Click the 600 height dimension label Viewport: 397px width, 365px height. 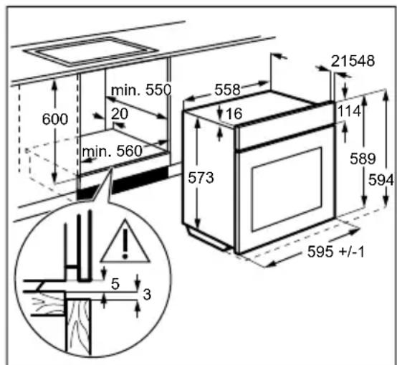click(55, 119)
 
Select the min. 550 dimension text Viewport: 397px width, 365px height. click(141, 90)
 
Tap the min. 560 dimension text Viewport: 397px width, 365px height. click(113, 151)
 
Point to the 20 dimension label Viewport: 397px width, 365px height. click(120, 114)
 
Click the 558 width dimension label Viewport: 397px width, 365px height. click(227, 90)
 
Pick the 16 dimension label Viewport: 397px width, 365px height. click(234, 113)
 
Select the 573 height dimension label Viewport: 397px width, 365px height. click(201, 178)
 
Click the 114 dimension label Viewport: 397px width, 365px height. click(349, 111)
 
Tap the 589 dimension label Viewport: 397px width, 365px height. click(363, 159)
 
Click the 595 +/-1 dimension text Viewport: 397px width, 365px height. click(335, 252)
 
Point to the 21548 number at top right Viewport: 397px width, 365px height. click(353, 61)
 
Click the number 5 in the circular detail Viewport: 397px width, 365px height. click(115, 284)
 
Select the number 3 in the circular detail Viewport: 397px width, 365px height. click(147, 295)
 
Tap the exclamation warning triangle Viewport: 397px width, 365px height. click(125, 242)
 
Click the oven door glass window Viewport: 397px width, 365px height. click(287, 189)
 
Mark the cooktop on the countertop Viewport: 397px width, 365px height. click(90, 52)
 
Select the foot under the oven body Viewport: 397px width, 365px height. click(208, 238)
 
